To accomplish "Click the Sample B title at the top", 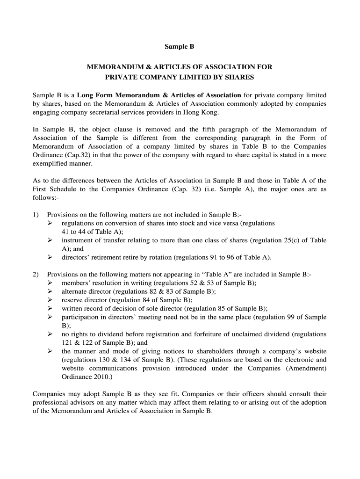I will [180, 47].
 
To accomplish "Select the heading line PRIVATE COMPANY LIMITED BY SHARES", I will [180, 77].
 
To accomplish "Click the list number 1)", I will [36, 215].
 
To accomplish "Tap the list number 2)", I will [36, 275].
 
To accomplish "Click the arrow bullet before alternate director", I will [50, 291].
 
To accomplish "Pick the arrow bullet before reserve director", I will [50, 300].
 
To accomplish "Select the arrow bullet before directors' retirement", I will [50, 257].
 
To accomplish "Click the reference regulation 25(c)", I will [281, 240].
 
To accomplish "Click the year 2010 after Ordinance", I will [100, 377].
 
